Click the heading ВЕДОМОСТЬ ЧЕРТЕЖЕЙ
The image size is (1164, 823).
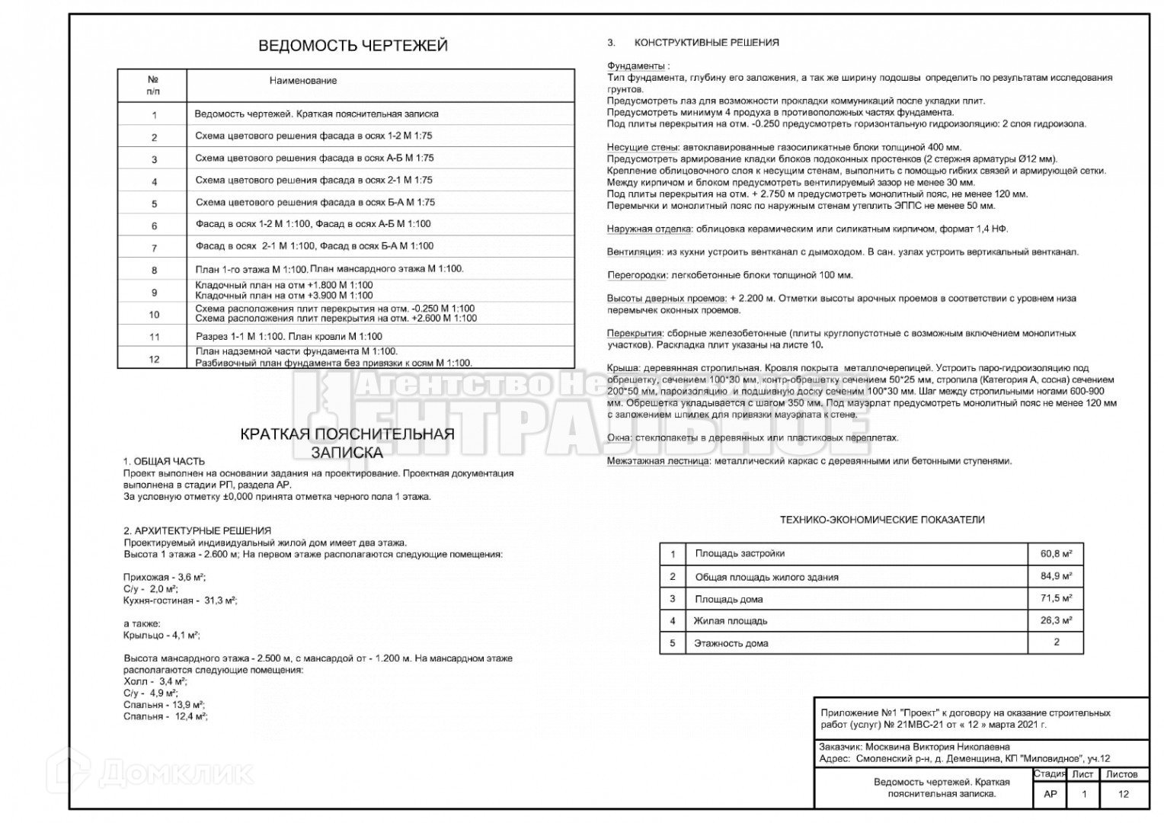click(x=353, y=46)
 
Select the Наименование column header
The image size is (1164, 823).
click(x=302, y=81)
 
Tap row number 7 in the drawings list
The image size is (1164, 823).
click(x=154, y=248)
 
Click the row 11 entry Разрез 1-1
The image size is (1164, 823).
click(x=289, y=336)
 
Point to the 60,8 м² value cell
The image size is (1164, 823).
click(x=1056, y=554)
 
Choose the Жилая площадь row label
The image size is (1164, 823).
click(x=730, y=621)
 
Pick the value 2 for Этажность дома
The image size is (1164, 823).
click(x=1056, y=642)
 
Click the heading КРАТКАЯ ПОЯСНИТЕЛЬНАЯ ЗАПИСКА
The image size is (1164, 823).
click(x=347, y=444)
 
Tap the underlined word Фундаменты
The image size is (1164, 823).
click(x=636, y=66)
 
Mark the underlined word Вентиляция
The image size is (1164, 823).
click(x=634, y=251)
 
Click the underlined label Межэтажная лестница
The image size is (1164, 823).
click(x=657, y=461)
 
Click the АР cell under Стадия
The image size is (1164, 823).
click(x=1050, y=794)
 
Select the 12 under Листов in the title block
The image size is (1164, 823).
click(x=1123, y=794)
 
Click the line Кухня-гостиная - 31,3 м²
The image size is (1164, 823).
click(x=180, y=600)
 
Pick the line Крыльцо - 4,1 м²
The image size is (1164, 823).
click(x=161, y=635)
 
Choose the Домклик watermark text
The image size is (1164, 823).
click(x=175, y=773)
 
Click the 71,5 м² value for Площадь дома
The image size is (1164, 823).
click(x=1056, y=599)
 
